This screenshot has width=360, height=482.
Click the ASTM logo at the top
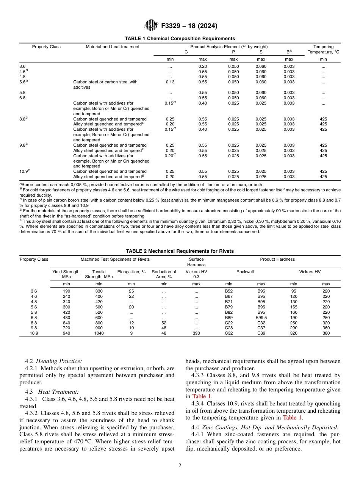pos(151,26)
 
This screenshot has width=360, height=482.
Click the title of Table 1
pos(180,39)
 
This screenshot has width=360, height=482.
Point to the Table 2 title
pos(180,251)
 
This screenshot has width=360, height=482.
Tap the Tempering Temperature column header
pos(323,49)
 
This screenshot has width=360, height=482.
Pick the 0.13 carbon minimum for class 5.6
pos(170,82)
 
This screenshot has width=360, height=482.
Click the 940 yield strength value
pos(66,333)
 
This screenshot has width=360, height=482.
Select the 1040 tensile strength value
pos(99,333)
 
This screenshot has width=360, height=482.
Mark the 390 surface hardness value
pos(196,333)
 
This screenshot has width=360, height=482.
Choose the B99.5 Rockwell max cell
pos(261,318)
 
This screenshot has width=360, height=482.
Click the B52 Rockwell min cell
pos(229,291)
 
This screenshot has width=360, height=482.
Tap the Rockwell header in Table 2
pos(245,272)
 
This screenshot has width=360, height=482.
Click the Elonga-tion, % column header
pos(131,272)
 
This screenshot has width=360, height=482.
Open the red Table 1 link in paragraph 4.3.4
pos(292,418)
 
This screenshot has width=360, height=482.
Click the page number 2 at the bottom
pos(180,466)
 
